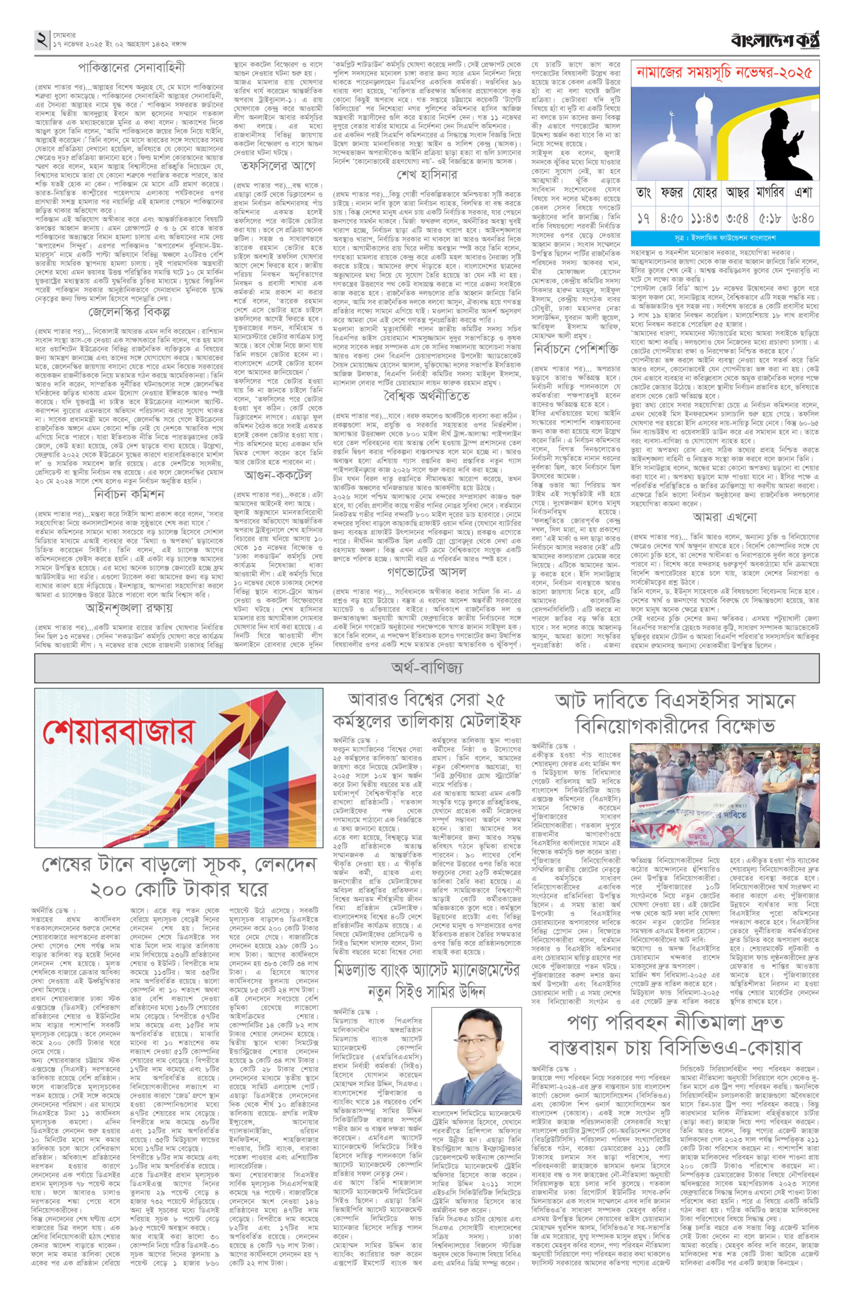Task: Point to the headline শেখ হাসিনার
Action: (427, 176)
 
